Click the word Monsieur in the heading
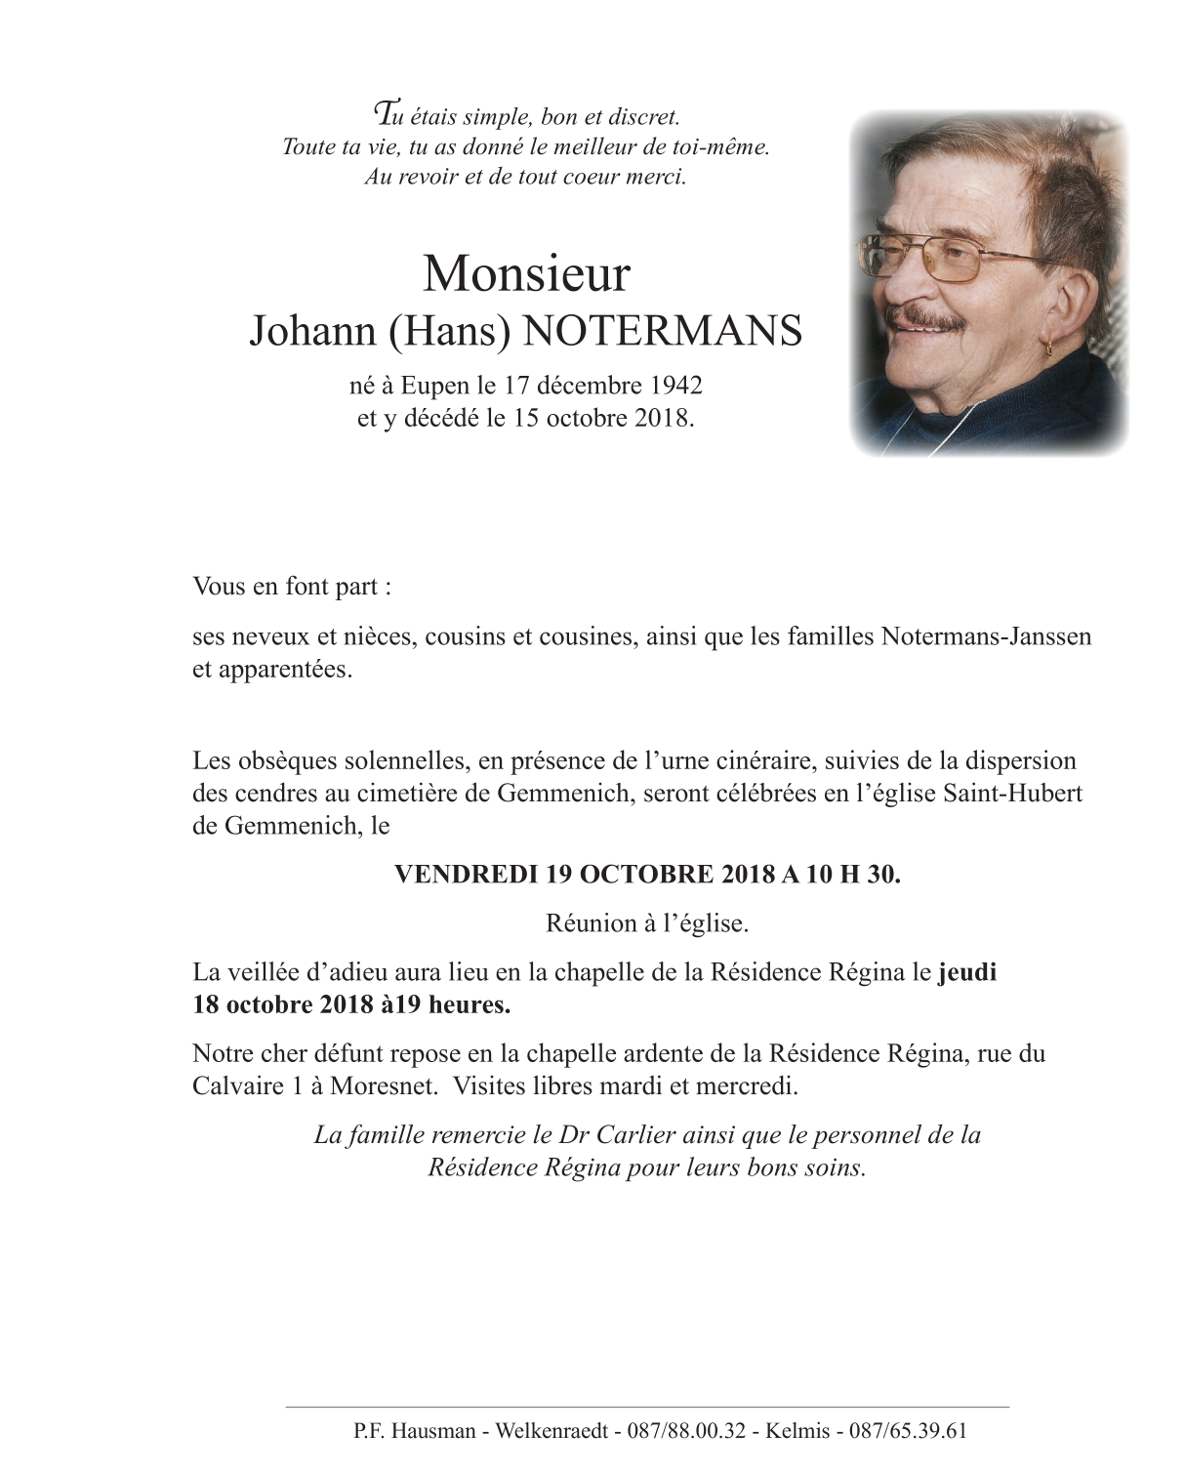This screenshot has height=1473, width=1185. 526,274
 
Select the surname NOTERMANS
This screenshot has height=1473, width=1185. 664,332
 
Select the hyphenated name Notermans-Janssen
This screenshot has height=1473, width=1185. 985,637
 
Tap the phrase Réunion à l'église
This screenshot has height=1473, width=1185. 646,922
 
